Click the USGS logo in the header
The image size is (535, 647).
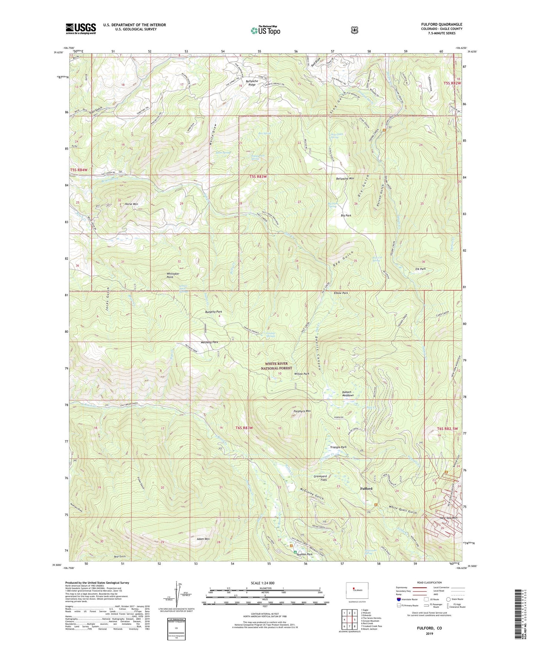coord(81,28)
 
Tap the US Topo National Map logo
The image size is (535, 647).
coord(265,30)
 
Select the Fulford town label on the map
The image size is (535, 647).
coord(366,488)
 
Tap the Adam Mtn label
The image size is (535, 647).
coord(204,539)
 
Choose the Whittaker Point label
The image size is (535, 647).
coord(173,275)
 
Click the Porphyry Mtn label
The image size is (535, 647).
coord(302,411)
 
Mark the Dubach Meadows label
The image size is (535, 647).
coord(348,394)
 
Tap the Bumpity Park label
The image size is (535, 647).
coord(214,312)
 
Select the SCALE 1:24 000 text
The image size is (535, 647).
coord(263,583)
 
